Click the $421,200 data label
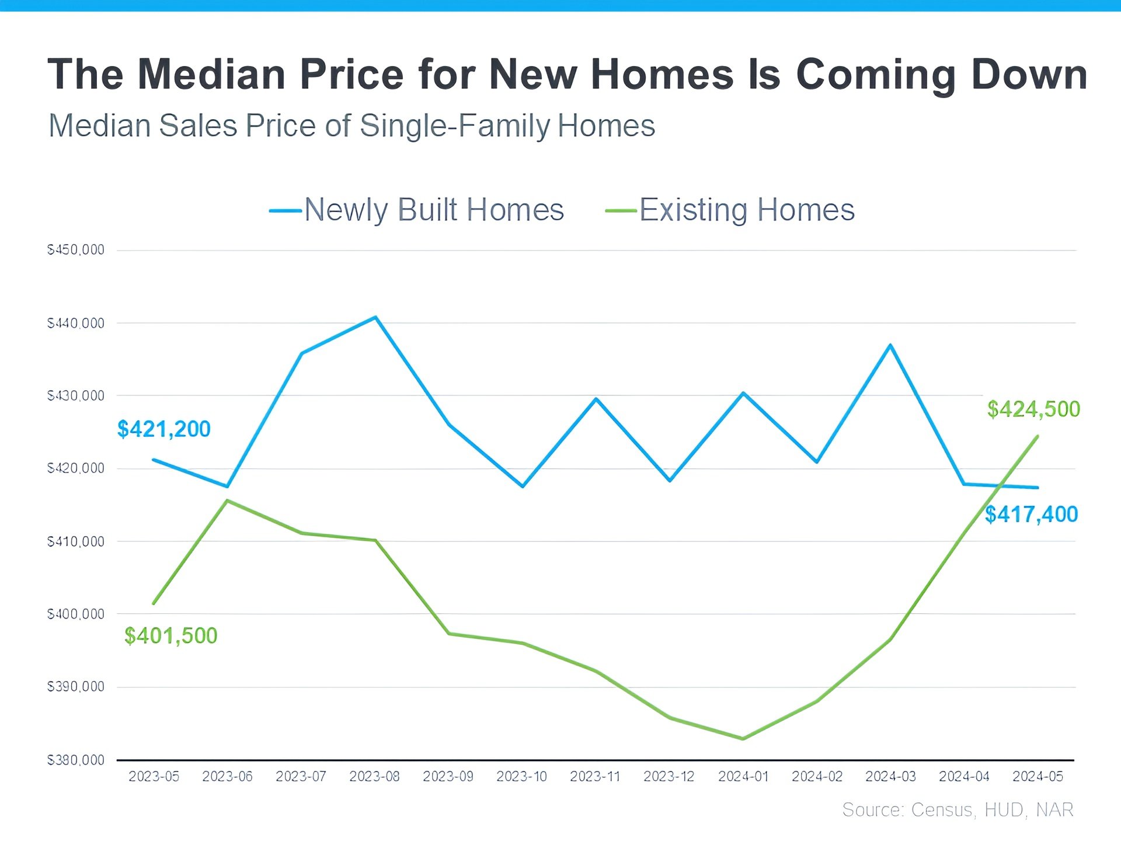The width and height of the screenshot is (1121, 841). (163, 429)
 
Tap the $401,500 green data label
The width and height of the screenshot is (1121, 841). (170, 635)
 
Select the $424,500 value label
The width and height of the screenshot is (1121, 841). (1033, 409)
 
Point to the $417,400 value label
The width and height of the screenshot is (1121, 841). (1031, 515)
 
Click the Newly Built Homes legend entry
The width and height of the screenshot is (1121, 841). (417, 210)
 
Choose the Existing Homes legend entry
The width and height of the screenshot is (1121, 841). (730, 210)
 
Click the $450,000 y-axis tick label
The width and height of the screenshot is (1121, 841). (76, 250)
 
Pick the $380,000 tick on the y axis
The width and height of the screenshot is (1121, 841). (76, 760)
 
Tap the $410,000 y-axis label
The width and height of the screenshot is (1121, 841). (76, 541)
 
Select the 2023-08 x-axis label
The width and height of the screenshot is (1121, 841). (374, 776)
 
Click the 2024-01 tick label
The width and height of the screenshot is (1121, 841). (743, 776)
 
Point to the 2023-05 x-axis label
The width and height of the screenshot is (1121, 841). (154, 776)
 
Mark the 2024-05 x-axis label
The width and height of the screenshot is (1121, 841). (1038, 776)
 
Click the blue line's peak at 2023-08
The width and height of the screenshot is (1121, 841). (375, 317)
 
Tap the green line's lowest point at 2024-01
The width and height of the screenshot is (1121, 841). (743, 739)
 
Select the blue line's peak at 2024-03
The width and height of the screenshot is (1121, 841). (890, 345)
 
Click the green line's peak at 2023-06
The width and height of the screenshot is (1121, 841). (227, 501)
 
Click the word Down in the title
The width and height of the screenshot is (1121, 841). (1029, 74)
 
